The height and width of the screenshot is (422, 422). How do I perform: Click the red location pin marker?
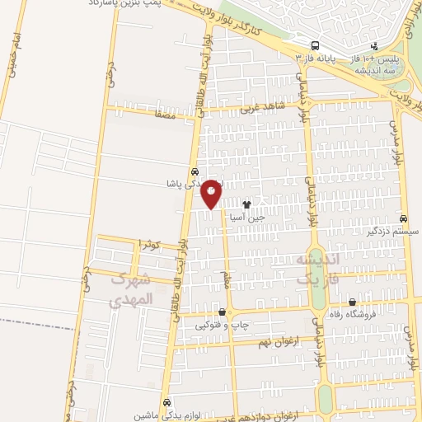212,193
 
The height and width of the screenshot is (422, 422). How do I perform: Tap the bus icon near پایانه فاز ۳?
316,45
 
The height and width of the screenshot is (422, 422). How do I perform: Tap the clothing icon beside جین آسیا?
246,202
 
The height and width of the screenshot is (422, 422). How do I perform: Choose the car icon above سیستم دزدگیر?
402,218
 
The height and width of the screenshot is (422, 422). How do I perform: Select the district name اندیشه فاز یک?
316,267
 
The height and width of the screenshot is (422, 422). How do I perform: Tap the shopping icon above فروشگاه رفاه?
353,302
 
